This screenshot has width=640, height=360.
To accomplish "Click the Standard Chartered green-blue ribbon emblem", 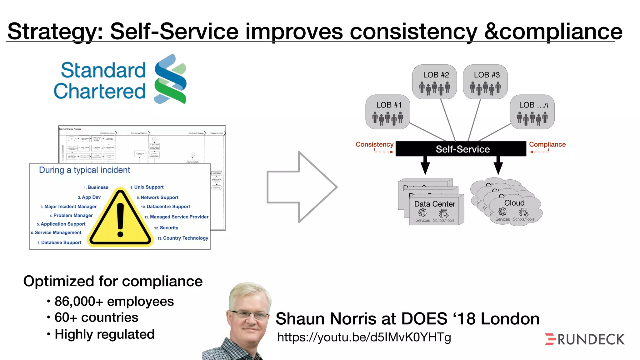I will coord(170,79).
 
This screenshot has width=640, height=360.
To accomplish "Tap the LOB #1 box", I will coord(388,112).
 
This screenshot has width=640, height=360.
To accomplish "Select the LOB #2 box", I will coord(434,82).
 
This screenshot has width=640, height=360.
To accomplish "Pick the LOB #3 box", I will coord(485,82).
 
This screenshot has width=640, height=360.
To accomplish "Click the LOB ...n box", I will coord(532,112).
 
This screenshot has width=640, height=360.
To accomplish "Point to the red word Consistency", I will coord(374,144).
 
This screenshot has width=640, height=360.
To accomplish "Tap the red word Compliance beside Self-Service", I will coord(547,144).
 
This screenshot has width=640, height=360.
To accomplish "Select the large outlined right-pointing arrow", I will coord(301,187).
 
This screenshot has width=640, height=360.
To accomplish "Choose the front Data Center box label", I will coord(435,204).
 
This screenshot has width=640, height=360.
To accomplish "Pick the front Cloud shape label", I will coord(514,203).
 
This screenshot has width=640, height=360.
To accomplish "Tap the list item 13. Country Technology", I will coord(183,238).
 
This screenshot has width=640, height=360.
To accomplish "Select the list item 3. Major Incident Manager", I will coord(69,207).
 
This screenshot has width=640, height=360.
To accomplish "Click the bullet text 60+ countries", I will coord(96,317).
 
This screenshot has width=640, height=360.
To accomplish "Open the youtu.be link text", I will coord(364,337).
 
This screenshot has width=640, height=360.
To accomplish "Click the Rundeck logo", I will coord(585,339).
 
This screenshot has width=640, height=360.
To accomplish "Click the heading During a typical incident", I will coord(84,170).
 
